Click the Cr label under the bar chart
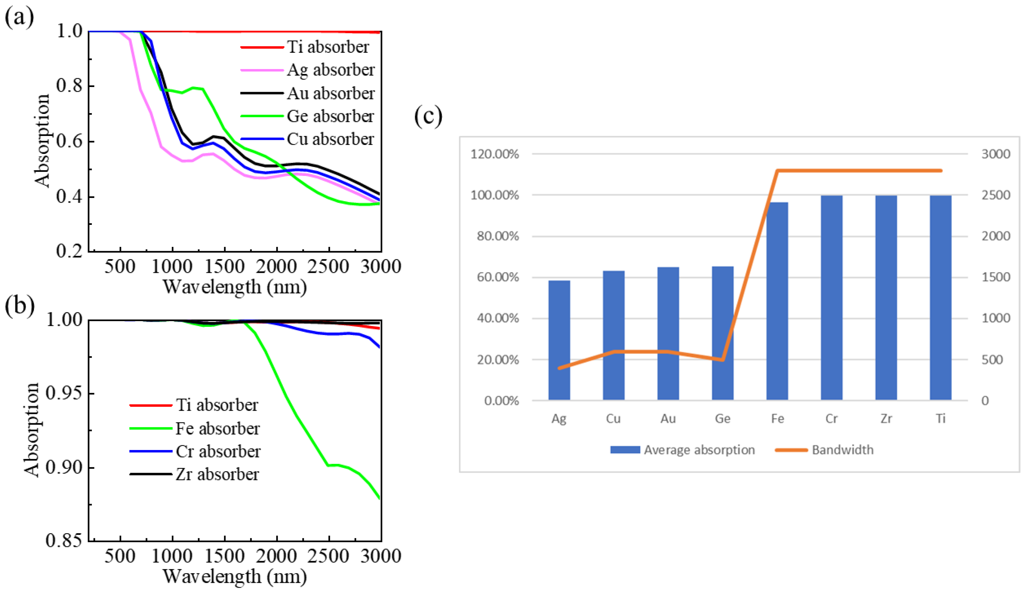click(831, 419)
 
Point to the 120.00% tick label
click(495, 154)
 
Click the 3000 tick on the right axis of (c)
click(995, 154)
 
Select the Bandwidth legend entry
click(842, 450)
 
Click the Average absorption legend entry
click(699, 450)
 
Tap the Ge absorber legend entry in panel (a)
click(329, 116)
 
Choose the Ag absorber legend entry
click(330, 70)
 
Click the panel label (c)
click(428, 116)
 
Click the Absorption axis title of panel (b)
click(31, 429)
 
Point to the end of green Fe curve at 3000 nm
click(380, 498)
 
